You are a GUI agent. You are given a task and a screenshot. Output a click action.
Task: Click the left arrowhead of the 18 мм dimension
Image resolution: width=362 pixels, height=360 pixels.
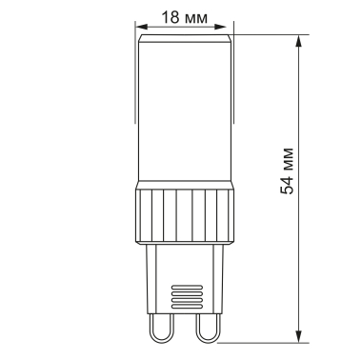click(141, 28)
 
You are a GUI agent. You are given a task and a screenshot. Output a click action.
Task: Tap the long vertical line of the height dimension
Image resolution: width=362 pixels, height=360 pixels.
click(301, 238)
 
